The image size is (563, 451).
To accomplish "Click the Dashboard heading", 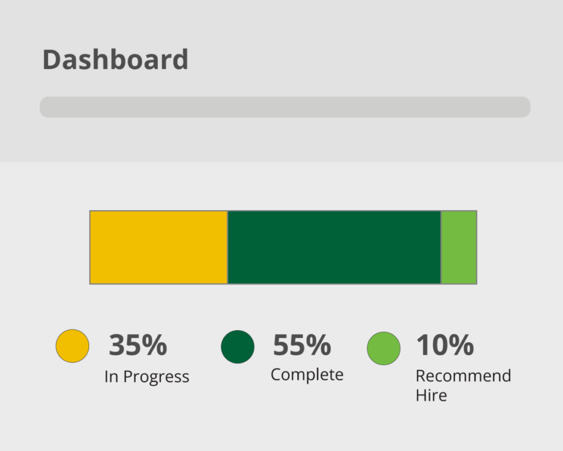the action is [115, 59].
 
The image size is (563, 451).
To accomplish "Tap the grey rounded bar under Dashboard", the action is [285, 107].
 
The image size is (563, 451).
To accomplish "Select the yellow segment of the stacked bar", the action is [159, 248].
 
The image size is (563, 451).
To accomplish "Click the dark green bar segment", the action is [334, 248].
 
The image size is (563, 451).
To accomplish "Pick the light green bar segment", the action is [459, 248].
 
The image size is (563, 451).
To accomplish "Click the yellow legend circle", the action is [72, 346].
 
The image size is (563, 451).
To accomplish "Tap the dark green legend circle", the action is [238, 347].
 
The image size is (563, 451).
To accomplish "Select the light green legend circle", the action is [383, 348].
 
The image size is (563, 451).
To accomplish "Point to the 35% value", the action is [138, 345].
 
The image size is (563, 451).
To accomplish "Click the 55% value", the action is [302, 345].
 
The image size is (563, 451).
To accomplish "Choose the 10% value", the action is [445, 345].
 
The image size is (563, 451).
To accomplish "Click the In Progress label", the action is [147, 377].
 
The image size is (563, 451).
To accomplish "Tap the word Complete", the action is [307, 375].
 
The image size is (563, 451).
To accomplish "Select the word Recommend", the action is [463, 376].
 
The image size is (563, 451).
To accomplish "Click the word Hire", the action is [431, 395].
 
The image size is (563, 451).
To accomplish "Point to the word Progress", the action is [156, 377].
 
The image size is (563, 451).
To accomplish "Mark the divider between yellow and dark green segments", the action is [228, 248].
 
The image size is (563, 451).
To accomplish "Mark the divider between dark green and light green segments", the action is [441, 248].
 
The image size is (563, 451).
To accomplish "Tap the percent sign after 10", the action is [461, 345].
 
